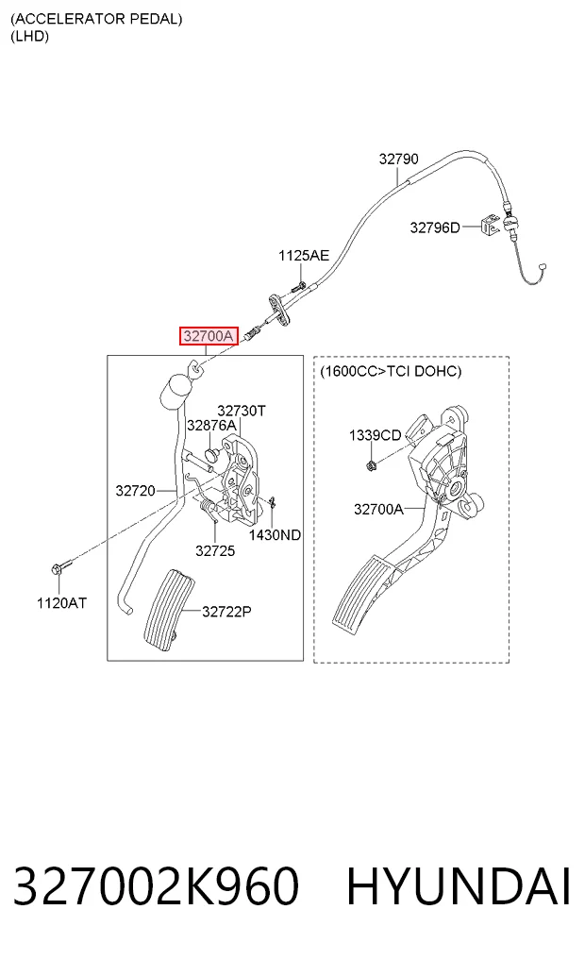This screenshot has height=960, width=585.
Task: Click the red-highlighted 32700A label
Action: [x=209, y=335]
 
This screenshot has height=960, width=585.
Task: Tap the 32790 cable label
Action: [x=398, y=160]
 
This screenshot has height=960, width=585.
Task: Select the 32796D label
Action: [x=434, y=227]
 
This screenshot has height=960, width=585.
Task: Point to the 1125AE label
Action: [x=304, y=255]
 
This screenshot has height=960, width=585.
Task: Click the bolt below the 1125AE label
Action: [x=298, y=285]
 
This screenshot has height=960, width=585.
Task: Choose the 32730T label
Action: [x=242, y=411]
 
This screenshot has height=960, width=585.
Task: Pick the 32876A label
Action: [x=211, y=425]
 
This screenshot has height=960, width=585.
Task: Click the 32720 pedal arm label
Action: [x=135, y=491]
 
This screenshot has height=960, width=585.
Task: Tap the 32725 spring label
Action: [x=215, y=551]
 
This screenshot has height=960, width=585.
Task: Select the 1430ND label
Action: [x=275, y=535]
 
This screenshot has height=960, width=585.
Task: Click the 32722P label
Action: [x=226, y=611]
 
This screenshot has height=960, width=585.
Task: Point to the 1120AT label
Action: [x=61, y=603]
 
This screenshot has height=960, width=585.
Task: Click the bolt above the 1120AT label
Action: [x=60, y=566]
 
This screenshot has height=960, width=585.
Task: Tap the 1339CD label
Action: [x=375, y=435]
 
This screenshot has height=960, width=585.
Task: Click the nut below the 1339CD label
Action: [x=371, y=465]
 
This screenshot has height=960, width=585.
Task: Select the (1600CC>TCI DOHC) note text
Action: [x=391, y=371]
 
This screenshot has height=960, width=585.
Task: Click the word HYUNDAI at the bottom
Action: [x=459, y=886]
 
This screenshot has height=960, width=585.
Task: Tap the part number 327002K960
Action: [x=156, y=886]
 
